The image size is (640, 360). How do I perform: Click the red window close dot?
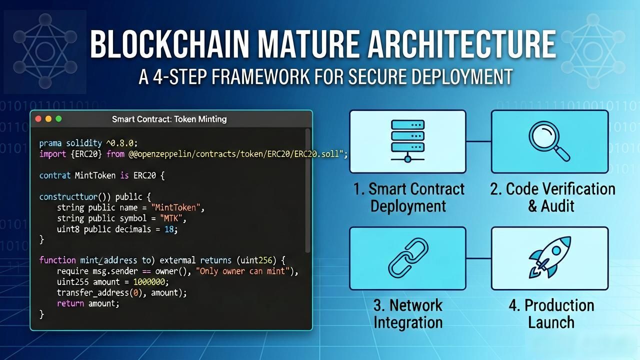coord(38,119)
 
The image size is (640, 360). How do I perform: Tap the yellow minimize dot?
coord(48,119)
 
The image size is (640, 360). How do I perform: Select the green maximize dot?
coord(58,119)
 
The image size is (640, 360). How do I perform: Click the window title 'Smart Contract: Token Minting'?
coord(169,119)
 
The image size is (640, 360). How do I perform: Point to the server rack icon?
coord(407,141)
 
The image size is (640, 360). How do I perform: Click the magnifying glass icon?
coord(549,141)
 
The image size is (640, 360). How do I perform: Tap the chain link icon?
coord(408,258)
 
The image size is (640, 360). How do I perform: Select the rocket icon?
coord(549,257)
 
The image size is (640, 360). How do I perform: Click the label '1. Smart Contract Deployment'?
coord(408,197)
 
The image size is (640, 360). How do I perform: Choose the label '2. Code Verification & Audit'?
coord(552,197)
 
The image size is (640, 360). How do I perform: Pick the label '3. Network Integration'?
coord(408,313)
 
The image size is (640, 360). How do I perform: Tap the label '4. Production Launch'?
coord(551,313)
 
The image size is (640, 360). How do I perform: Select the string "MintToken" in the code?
coord(175,207)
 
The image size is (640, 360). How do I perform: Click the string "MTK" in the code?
coord(171,218)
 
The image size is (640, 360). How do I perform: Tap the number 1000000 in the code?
coord(149,282)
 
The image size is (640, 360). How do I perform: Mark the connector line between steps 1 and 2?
coord(478,141)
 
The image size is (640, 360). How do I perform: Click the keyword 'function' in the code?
coord(57,260)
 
